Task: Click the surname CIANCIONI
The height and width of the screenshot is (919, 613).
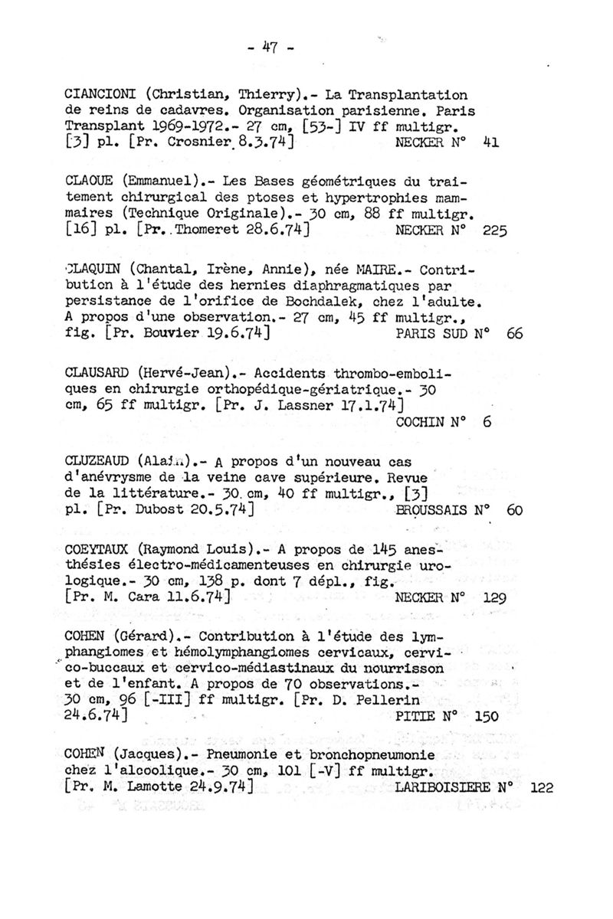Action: pos(101,96)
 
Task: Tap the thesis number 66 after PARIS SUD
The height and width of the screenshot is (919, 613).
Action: pos(513,333)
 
